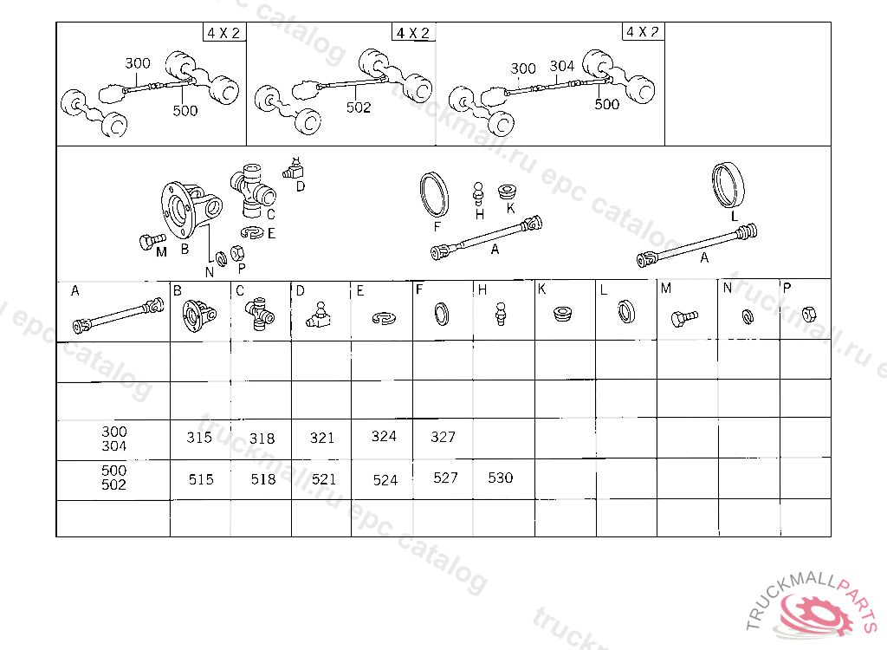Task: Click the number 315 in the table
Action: pos(199,438)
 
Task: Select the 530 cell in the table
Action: pos(500,478)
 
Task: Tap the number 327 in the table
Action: pos(443,437)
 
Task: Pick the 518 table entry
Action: pos(263,479)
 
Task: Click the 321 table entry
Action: pos(322,438)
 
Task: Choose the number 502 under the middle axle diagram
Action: pos(359,107)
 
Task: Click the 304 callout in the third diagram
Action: pos(561,66)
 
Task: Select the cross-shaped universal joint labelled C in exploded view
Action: pos(252,191)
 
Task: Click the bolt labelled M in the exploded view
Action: pos(151,241)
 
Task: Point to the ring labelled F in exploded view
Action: pos(435,195)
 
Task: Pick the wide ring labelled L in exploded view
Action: pos(728,185)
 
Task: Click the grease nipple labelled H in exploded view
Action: pos(478,194)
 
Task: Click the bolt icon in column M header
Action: pos(684,318)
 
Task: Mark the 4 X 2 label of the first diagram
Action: pos(224,33)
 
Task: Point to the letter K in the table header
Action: pos(541,289)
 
